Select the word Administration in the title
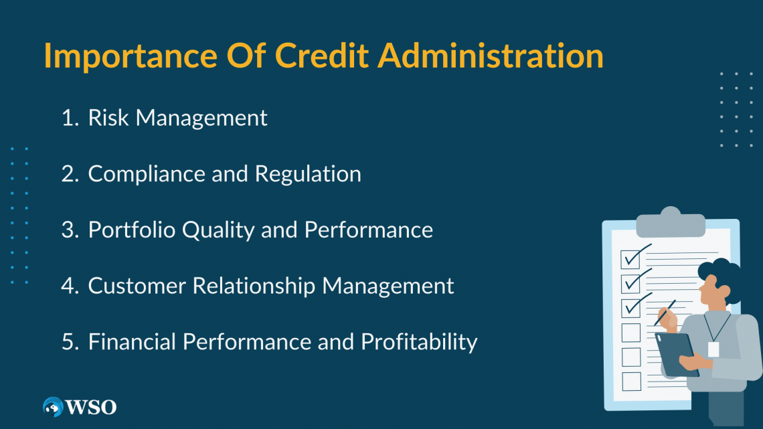click(x=490, y=57)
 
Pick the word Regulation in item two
click(x=308, y=174)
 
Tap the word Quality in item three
click(x=205, y=230)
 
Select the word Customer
click(x=137, y=286)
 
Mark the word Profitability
click(x=419, y=342)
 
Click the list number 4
click(x=69, y=286)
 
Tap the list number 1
click(x=69, y=118)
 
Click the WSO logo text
click(x=92, y=407)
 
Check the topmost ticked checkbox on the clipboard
click(x=631, y=258)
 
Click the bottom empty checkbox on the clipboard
click(x=631, y=381)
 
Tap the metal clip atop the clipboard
click(x=670, y=223)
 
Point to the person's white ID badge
click(x=713, y=349)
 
